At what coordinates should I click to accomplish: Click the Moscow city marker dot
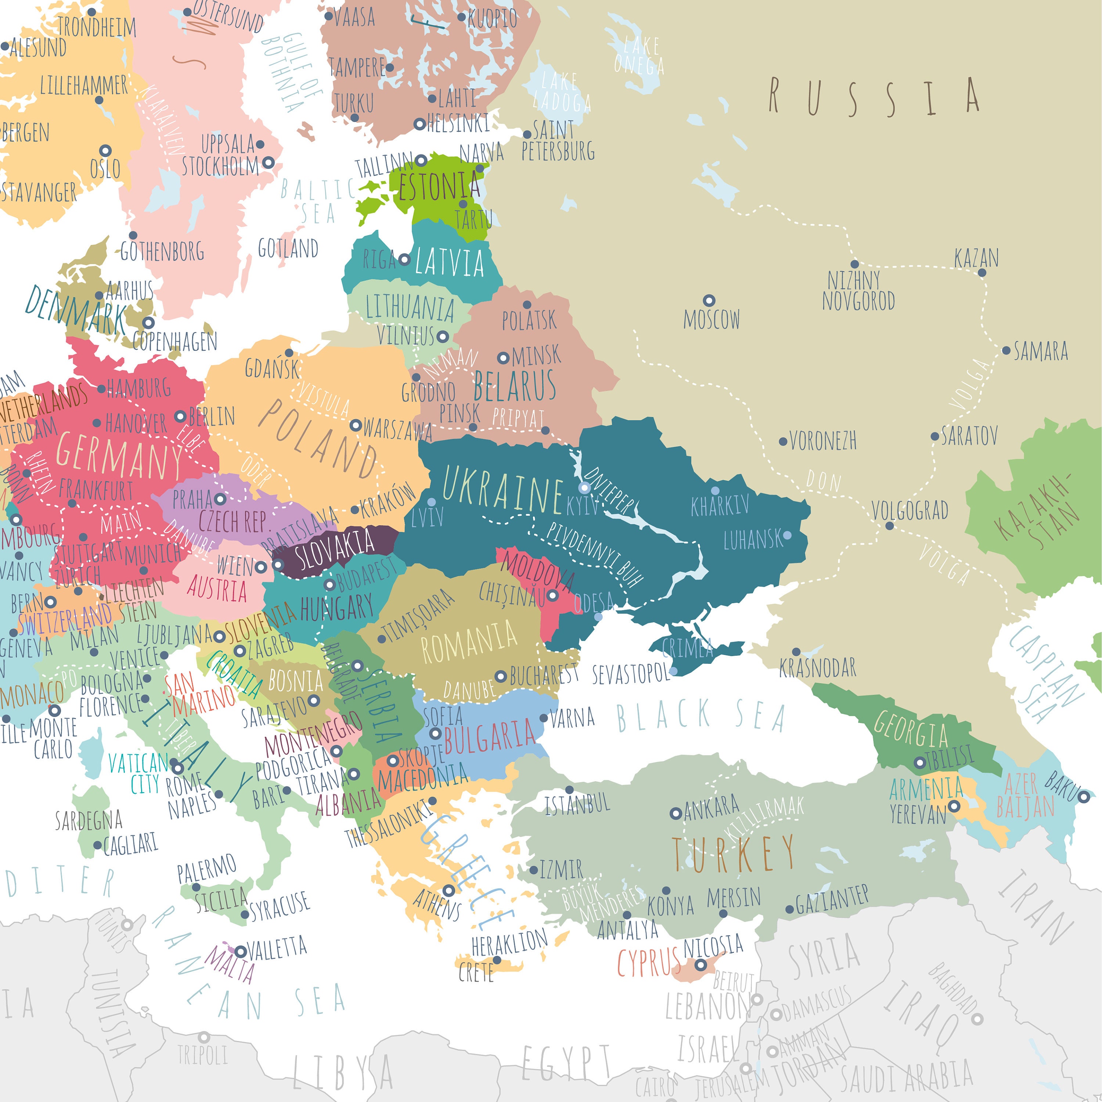tap(709, 300)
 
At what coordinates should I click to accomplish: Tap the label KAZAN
tap(976, 258)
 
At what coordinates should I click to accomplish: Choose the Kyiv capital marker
tap(584, 488)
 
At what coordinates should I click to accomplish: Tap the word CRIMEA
tap(687, 649)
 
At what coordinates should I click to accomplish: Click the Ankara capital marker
tap(676, 813)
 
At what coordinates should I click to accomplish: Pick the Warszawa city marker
tap(355, 425)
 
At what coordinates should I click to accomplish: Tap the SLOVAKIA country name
tap(334, 549)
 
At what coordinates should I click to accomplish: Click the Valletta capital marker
tap(241, 951)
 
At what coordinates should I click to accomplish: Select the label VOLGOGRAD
tap(910, 511)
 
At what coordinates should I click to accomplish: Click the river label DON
tap(824, 481)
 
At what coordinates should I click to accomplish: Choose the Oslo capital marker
tap(105, 151)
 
